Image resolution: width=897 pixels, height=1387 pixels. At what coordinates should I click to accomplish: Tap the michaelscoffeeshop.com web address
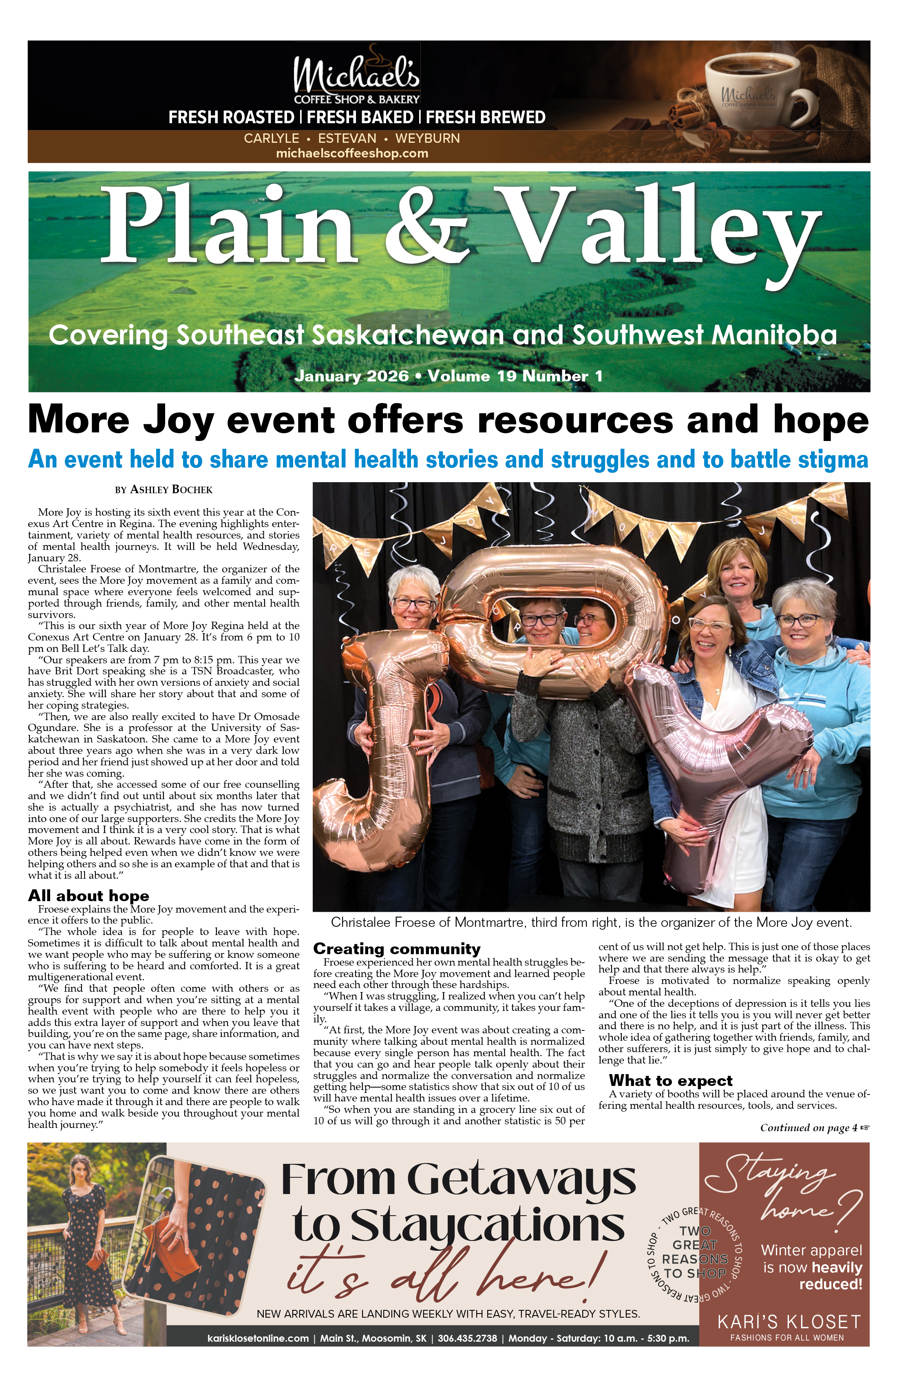(352, 154)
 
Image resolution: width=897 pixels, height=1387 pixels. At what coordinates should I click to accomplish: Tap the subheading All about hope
(88, 896)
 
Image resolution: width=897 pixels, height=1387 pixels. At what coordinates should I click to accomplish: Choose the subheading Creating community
(397, 949)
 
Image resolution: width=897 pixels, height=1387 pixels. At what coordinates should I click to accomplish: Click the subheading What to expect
(670, 1081)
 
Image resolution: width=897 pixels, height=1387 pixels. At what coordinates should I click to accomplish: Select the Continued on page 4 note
(814, 1128)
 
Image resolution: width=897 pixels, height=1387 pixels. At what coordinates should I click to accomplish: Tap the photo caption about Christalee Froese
(591, 922)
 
